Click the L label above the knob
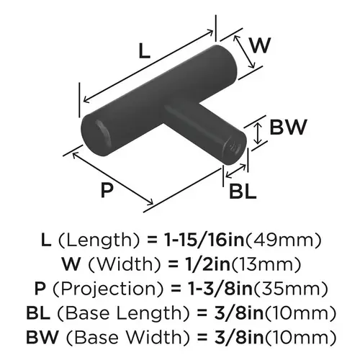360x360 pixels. coord(145,51)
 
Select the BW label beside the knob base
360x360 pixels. coord(288,127)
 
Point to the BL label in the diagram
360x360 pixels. coord(243,192)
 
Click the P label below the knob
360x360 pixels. coord(107,190)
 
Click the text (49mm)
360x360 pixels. coord(283,240)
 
